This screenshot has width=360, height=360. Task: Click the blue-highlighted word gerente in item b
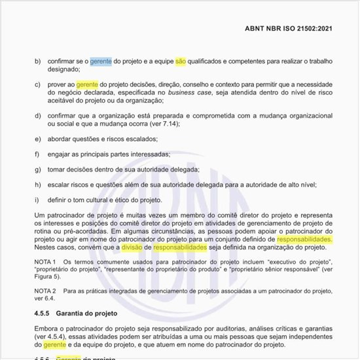tap(101, 61)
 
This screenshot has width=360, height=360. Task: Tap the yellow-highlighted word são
tap(181, 61)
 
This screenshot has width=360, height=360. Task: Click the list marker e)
tap(37, 139)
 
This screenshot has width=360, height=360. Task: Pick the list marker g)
tap(37, 170)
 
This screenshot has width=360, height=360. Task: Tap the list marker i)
tap(37, 200)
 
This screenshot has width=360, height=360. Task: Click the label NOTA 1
tap(45, 261)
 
